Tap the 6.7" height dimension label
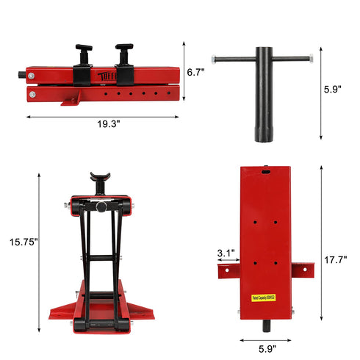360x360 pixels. (x=195, y=72)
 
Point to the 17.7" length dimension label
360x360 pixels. (x=334, y=259)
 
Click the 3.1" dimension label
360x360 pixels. (x=226, y=253)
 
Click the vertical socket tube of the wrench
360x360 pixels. (x=262, y=103)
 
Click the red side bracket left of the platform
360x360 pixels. (x=226, y=273)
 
